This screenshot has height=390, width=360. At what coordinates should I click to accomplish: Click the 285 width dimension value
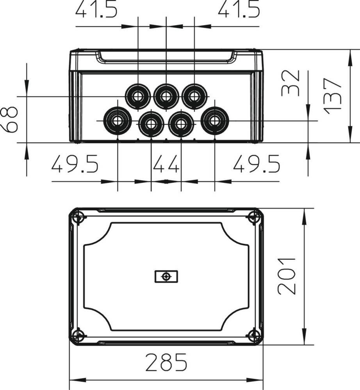166,362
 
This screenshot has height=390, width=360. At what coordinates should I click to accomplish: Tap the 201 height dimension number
286,276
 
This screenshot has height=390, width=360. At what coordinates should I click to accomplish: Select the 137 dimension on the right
333,96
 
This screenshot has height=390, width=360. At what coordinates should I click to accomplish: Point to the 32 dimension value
290,83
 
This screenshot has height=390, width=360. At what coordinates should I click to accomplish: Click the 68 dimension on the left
9,119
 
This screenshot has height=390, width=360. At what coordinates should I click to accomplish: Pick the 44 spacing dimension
166,164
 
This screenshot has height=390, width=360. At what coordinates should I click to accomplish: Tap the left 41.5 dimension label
96,9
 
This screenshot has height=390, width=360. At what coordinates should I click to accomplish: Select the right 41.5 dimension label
239,9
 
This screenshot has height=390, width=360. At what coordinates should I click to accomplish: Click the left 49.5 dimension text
75,164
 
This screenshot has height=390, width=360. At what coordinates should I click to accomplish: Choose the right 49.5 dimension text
257,164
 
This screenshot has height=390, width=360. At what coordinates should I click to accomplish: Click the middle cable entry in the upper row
166,96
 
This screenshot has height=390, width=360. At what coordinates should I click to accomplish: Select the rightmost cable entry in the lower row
215,121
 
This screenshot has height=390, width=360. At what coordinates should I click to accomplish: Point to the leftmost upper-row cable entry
138,96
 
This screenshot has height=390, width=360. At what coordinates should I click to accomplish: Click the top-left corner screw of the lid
78,217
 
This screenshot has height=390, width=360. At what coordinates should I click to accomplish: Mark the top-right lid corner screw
254,217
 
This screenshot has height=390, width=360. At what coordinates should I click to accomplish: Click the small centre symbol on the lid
166,277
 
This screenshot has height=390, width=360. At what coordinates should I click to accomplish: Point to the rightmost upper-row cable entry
194,96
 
